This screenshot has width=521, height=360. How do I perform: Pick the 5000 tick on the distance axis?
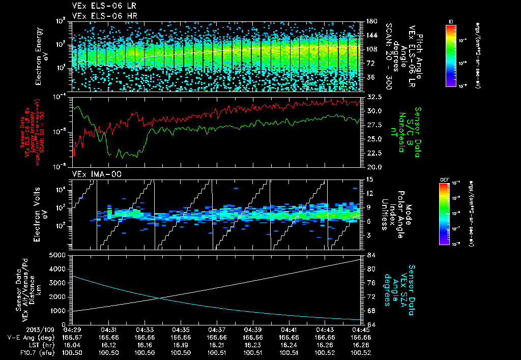click(59, 254)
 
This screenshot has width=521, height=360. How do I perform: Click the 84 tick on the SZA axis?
click(371, 255)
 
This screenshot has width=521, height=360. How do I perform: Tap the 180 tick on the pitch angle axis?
click(370, 21)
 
